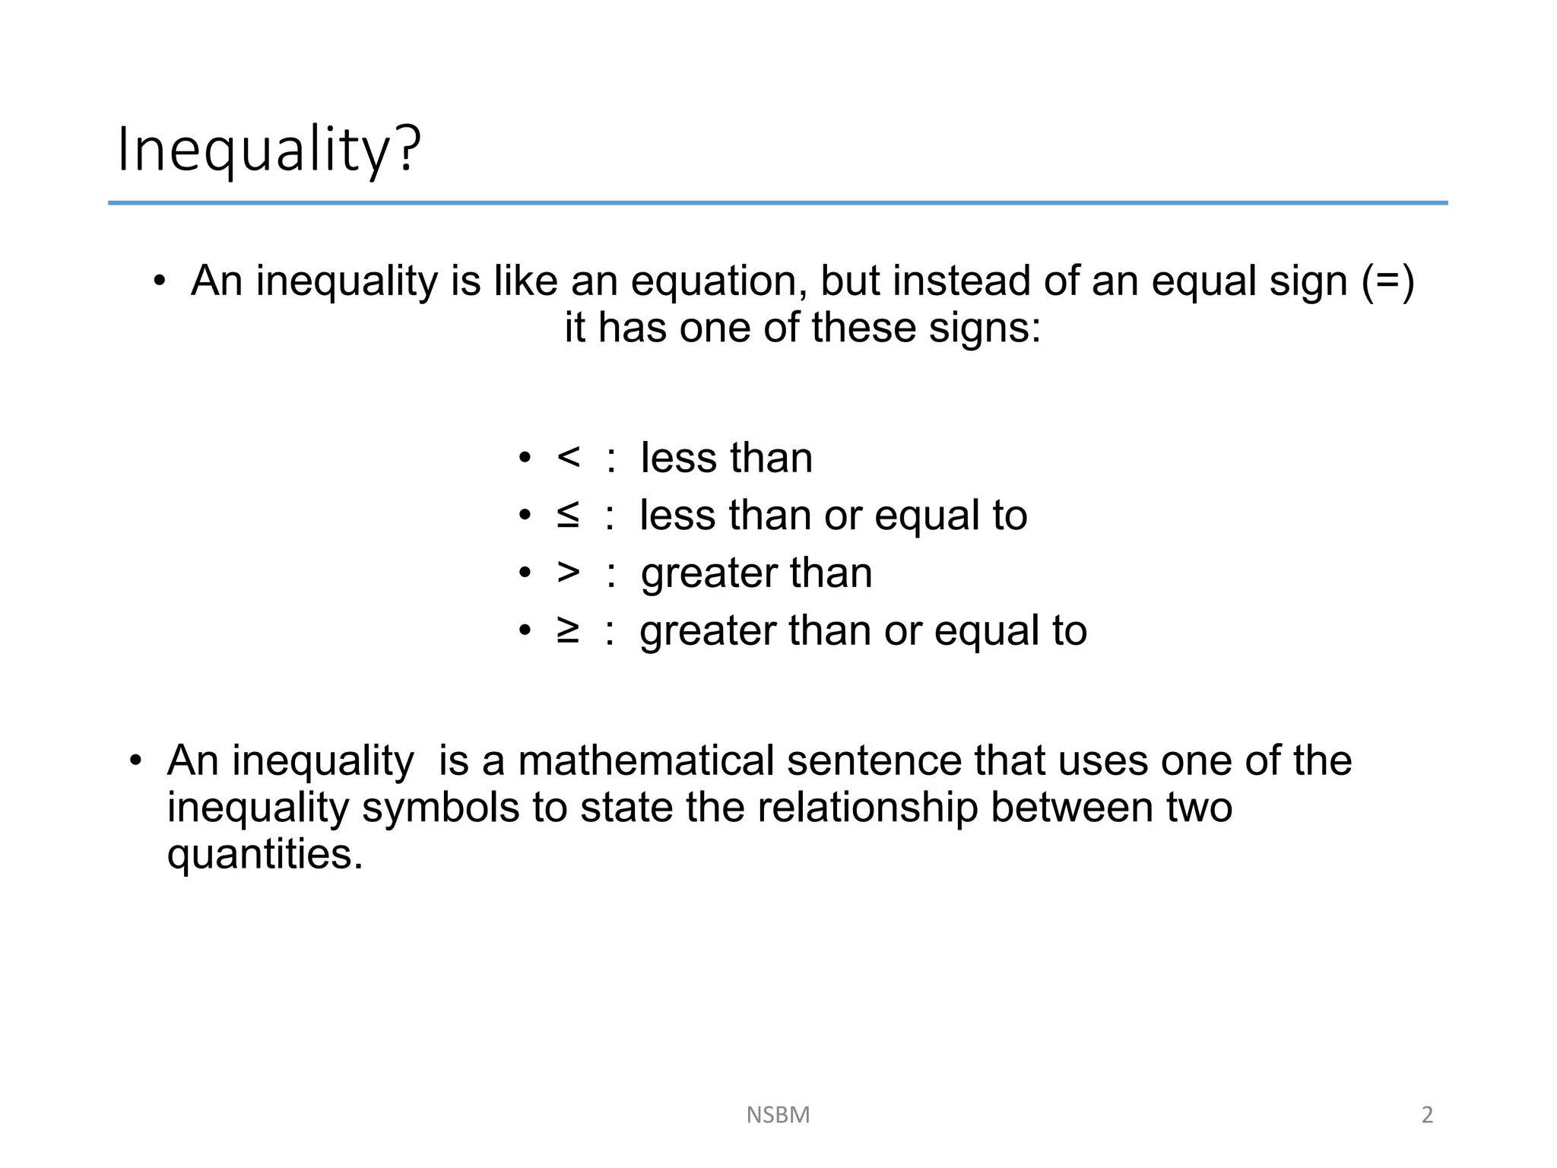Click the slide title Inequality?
(268, 149)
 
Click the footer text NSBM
(778, 1115)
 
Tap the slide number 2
(1427, 1115)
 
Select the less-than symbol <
(568, 458)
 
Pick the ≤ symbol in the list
(568, 516)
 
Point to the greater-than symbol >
(568, 573)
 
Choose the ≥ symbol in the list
(568, 630)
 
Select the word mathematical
(645, 760)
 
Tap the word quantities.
(265, 855)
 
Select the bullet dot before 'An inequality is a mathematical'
(135, 760)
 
